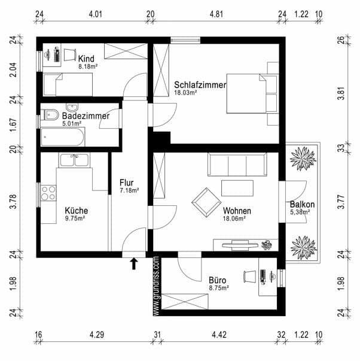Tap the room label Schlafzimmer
[x=200, y=85]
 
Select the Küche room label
[x=77, y=211]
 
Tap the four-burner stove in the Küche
[x=48, y=193]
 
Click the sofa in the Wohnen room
[x=237, y=163]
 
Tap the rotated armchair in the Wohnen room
[x=205, y=202]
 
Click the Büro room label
[x=217, y=280]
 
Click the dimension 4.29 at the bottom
[x=96, y=334]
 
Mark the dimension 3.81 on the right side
[x=341, y=93]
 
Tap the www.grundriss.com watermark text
[x=155, y=286]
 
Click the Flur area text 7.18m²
[x=129, y=191]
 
